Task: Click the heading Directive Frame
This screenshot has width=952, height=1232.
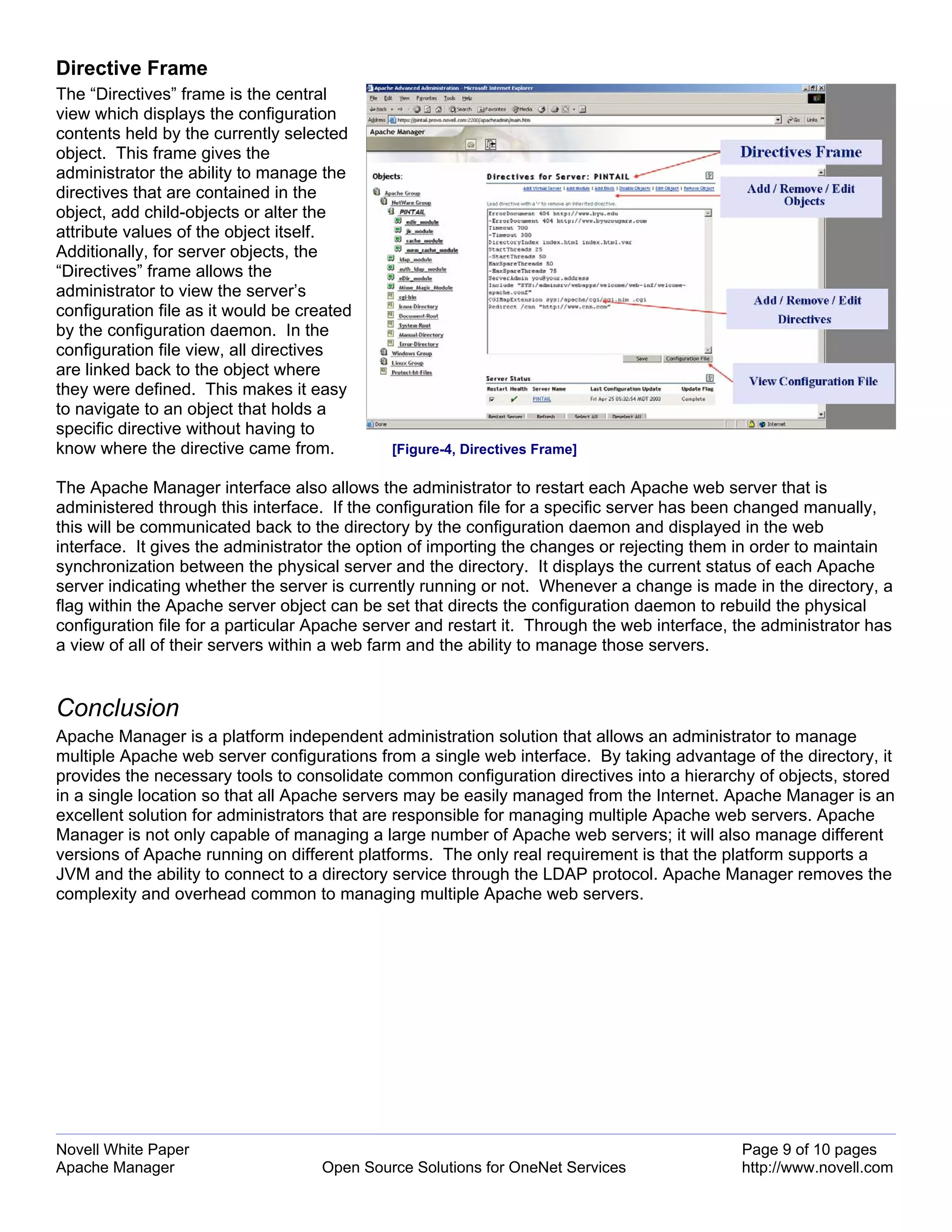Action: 132,68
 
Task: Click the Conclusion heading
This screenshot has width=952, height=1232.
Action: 118,708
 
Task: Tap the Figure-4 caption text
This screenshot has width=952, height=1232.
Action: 484,449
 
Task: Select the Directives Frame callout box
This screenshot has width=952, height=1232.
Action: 800,152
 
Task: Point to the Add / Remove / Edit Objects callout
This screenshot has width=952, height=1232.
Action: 800,195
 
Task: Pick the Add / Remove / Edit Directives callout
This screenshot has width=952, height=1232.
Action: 807,310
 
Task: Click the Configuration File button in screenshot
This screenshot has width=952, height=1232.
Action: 687,359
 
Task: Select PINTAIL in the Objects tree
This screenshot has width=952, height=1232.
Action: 412,212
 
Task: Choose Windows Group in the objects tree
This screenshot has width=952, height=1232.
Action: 412,354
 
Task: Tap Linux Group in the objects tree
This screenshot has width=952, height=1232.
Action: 407,363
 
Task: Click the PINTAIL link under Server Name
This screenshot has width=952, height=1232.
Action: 542,399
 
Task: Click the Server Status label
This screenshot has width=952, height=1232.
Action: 508,378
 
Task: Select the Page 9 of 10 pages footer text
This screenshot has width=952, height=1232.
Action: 809,1150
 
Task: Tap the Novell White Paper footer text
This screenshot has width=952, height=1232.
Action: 122,1150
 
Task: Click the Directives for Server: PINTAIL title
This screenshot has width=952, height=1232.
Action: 557,177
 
